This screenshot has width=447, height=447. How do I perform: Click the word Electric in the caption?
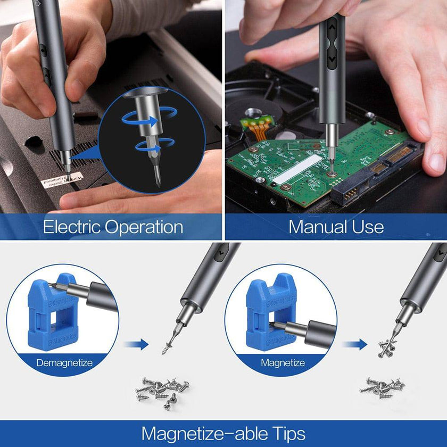tap(71, 227)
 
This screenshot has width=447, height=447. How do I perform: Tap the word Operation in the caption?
tap(144, 227)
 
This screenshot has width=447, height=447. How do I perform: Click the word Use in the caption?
tap(368, 227)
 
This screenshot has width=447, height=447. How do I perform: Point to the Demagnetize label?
tap(64, 363)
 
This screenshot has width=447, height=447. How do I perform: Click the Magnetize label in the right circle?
tap(283, 363)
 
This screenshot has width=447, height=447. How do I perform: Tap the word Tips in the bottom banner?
tap(285, 433)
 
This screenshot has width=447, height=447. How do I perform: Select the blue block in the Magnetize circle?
tap(269, 314)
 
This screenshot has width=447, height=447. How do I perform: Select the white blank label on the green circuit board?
tap(297, 169)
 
